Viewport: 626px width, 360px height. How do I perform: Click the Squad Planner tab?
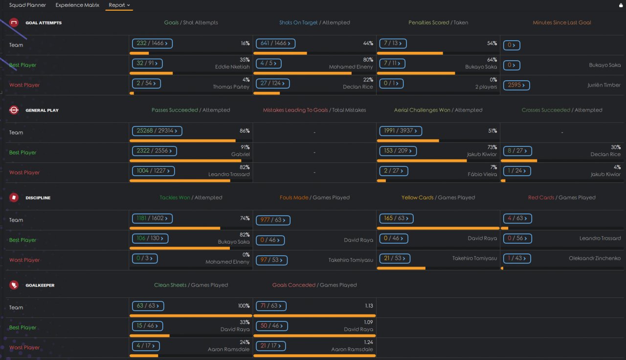[x=27, y=5]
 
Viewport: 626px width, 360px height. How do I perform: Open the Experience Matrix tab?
[x=77, y=5]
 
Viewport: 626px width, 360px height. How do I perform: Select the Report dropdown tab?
[x=119, y=5]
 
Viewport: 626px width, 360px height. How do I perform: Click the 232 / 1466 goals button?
[x=152, y=44]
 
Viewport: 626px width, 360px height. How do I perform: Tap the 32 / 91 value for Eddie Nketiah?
[x=147, y=64]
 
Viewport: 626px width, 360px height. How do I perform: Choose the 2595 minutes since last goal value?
[x=516, y=85]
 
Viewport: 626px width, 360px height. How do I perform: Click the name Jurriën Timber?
[x=604, y=85]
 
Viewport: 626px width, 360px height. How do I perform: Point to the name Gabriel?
[x=240, y=154]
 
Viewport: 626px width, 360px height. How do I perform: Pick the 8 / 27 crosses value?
[x=517, y=151]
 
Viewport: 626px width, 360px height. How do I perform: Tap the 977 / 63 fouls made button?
[x=273, y=220]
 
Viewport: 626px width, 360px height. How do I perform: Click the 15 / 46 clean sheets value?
[x=147, y=326]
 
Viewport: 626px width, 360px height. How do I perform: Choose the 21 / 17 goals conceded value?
[x=271, y=346]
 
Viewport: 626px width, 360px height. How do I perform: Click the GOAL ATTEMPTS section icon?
[x=14, y=22]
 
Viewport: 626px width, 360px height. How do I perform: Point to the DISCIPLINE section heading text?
[x=38, y=198]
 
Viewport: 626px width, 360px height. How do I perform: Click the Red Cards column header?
[x=541, y=198]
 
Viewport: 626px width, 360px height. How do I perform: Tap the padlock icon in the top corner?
[x=621, y=5]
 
